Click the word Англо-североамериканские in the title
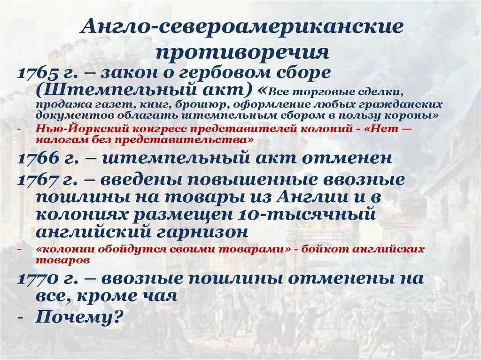(x=242, y=27)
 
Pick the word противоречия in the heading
(x=242, y=52)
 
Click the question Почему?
(x=79, y=318)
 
